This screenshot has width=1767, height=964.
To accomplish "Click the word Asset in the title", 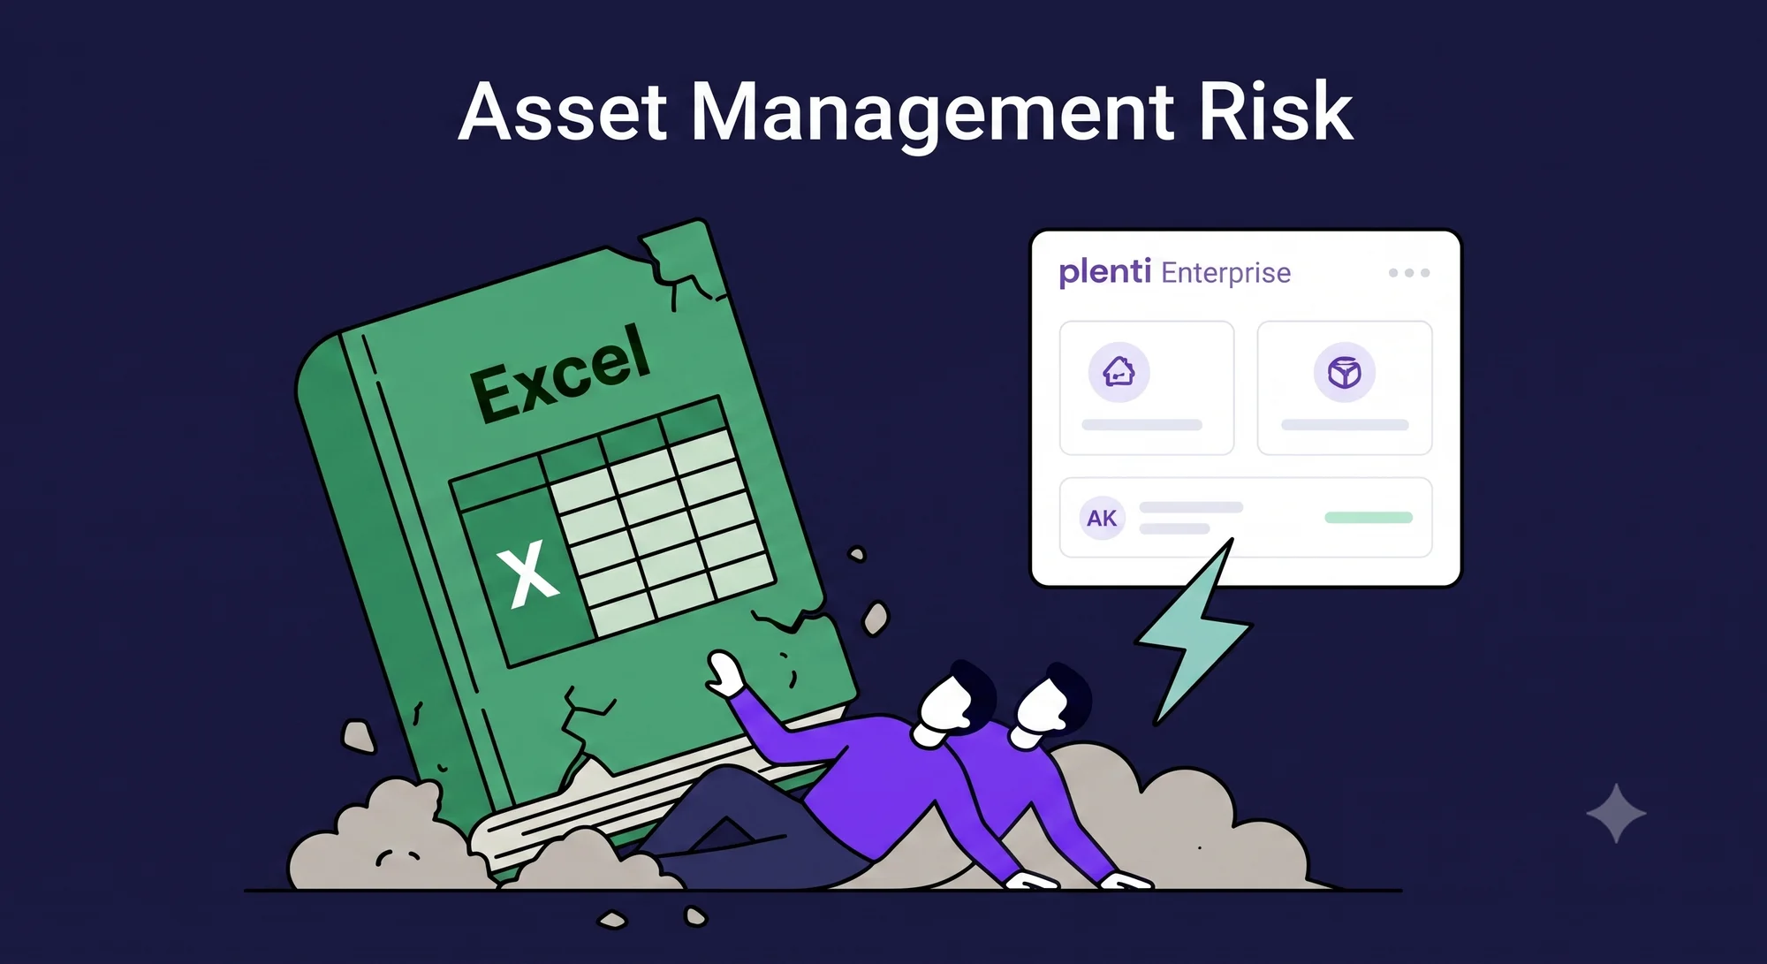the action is [x=563, y=112].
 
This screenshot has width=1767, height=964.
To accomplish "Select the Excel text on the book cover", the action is [x=561, y=372].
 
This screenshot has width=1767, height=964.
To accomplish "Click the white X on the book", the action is [x=527, y=574].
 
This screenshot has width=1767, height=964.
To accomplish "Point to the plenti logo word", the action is [x=1104, y=272].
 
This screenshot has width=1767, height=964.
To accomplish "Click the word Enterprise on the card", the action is [x=1225, y=274].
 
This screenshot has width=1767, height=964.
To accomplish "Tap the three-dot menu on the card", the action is [x=1409, y=273].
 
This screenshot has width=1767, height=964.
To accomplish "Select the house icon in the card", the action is [x=1119, y=372].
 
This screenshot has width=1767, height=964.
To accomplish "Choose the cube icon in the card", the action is [x=1344, y=372].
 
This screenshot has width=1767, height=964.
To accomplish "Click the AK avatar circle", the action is [x=1102, y=518].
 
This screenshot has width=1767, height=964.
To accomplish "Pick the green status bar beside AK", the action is [x=1369, y=517].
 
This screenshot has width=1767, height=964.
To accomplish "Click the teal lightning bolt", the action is [x=1193, y=633].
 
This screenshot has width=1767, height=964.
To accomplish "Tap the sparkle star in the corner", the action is [x=1616, y=813].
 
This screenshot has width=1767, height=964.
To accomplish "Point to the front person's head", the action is [x=952, y=702].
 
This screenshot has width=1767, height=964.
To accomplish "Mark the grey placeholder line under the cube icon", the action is [x=1345, y=425].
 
